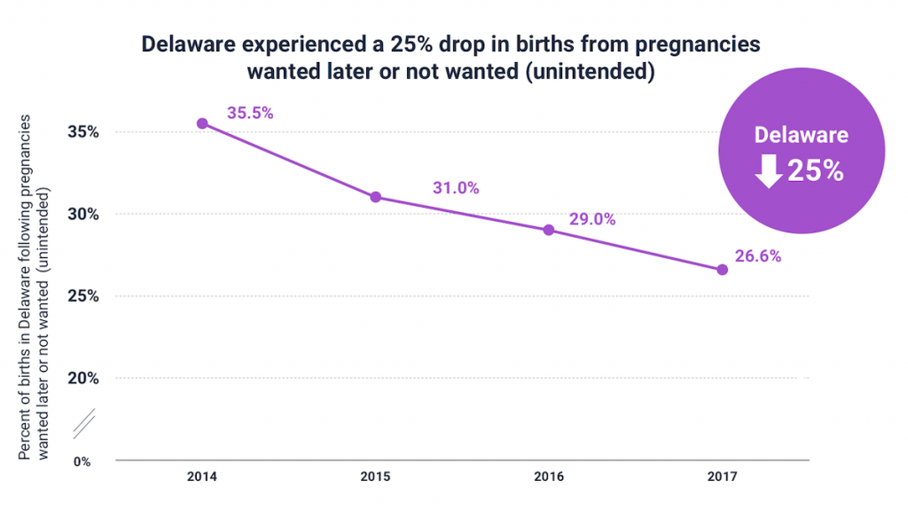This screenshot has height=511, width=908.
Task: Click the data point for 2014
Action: coord(202,123)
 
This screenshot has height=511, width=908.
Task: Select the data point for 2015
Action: coord(375,197)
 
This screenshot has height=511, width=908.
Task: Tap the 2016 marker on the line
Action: coord(548,230)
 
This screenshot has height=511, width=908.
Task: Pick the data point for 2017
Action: coord(722,269)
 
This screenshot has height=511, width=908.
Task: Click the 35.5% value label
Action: coord(250,113)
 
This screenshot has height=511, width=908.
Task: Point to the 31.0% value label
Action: coord(456,187)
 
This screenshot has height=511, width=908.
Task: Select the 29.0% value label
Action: coord(592,219)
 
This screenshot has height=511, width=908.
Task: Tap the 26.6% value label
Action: coord(758,255)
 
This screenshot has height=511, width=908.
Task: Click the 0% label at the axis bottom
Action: coord(82,461)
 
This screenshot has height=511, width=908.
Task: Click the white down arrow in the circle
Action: coord(768,171)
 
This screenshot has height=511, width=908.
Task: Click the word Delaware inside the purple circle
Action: coord(801,135)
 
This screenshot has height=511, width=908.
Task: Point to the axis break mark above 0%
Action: coord(83,424)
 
